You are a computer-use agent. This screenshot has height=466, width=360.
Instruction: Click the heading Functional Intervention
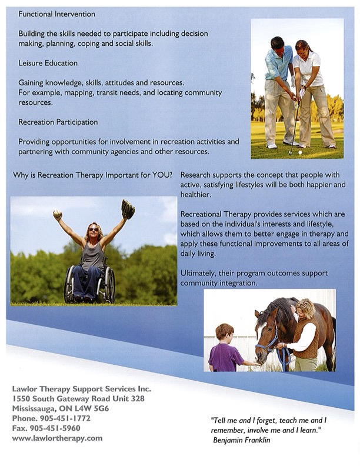pyautogui.click(x=56, y=14)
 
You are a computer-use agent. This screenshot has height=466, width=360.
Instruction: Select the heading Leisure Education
pyautogui.click(x=48, y=63)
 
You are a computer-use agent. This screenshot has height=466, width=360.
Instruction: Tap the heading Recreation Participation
pyautogui.click(x=58, y=122)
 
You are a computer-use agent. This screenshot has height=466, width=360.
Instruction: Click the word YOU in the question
pyautogui.click(x=161, y=175)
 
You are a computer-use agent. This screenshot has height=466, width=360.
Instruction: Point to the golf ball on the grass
pyautogui.click(x=300, y=152)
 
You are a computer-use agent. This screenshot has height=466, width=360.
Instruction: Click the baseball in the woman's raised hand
pyautogui.click(x=57, y=214)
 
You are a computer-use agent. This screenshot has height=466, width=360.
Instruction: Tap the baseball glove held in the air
pyautogui.click(x=128, y=209)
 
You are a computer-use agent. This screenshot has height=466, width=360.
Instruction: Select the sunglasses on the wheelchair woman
pyautogui.click(x=94, y=229)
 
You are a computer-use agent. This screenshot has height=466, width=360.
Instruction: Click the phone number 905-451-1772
pyautogui.click(x=65, y=418)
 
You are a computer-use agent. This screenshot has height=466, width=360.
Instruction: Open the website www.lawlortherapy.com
pyautogui.click(x=57, y=438)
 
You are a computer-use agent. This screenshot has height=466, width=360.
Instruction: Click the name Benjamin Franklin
pyautogui.click(x=242, y=440)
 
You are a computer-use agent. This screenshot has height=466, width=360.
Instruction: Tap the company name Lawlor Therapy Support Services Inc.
pyautogui.click(x=82, y=389)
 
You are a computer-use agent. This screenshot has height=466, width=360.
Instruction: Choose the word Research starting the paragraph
pyautogui.click(x=195, y=175)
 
